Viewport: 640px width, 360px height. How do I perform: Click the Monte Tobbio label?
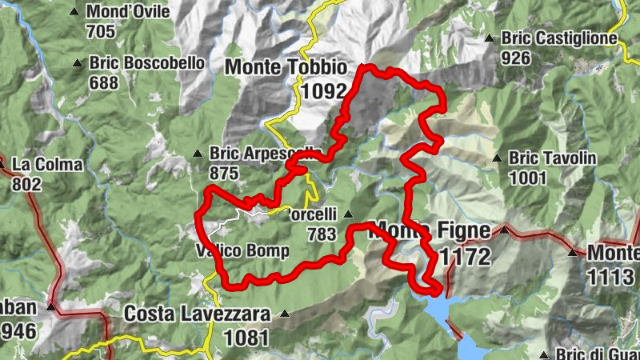(286, 67)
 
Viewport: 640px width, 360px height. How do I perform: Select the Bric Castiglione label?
(559, 38)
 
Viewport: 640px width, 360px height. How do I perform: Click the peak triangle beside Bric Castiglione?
(490, 38)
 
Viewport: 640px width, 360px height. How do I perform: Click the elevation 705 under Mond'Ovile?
(101, 32)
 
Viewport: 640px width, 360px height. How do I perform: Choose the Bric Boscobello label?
(147, 62)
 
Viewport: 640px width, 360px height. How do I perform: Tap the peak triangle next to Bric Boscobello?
(78, 63)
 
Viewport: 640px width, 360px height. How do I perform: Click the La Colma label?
(47, 165)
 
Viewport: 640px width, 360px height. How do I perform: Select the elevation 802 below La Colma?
(28, 184)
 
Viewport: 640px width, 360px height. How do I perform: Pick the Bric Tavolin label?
(552, 158)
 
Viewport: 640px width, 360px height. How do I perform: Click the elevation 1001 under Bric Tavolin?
(526, 178)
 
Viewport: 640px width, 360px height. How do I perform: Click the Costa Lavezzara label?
(197, 314)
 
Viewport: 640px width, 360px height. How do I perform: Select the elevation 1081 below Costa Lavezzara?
(246, 337)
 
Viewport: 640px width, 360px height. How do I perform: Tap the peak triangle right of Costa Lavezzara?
(284, 315)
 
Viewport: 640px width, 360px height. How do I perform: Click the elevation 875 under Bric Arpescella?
(225, 172)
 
